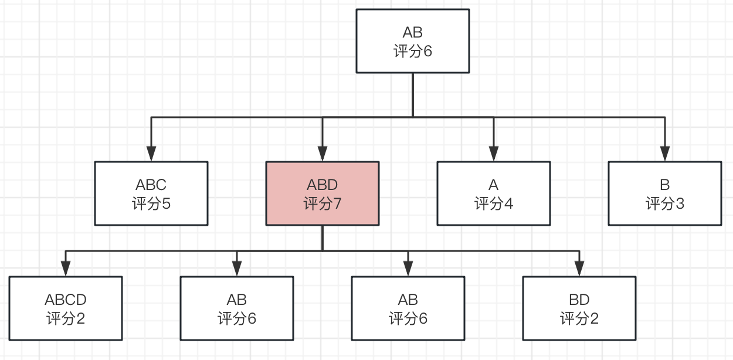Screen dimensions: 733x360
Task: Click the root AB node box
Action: pos(413,41)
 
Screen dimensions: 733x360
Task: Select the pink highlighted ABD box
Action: pos(323,193)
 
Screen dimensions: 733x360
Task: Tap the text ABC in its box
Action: pos(151,185)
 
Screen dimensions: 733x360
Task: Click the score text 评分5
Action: pos(151,203)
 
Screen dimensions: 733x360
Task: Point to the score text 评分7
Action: pos(323,203)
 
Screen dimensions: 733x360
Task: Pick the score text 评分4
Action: pos(494,203)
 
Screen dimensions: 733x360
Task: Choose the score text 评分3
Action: pos(664,203)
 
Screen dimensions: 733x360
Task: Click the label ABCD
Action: pos(66,300)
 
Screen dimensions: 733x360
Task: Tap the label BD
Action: pos(579,300)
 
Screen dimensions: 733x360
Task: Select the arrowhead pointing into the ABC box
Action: pos(151,154)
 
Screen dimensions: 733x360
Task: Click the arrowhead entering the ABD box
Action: pos(323,154)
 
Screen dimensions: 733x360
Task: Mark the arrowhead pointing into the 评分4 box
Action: pos(494,154)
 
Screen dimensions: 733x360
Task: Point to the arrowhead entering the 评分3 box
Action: pos(664,154)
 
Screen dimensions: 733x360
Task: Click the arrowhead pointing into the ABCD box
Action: pos(66,269)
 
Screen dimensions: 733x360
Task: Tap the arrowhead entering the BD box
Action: pos(579,269)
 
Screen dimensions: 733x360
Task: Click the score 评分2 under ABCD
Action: pos(66,318)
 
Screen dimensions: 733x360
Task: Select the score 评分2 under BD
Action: pos(579,318)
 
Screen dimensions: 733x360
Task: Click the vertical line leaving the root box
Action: pos(413,95)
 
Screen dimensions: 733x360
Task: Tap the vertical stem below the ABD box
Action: pos(323,238)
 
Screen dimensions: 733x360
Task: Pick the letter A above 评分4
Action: pos(494,185)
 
